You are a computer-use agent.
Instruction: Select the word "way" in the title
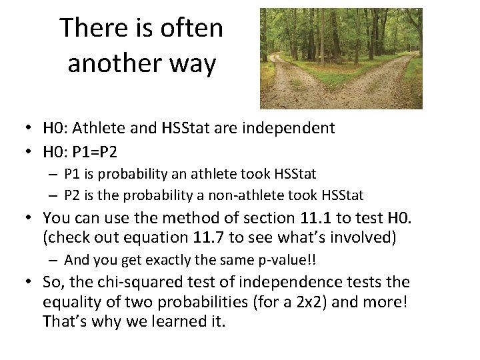coord(194,64)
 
